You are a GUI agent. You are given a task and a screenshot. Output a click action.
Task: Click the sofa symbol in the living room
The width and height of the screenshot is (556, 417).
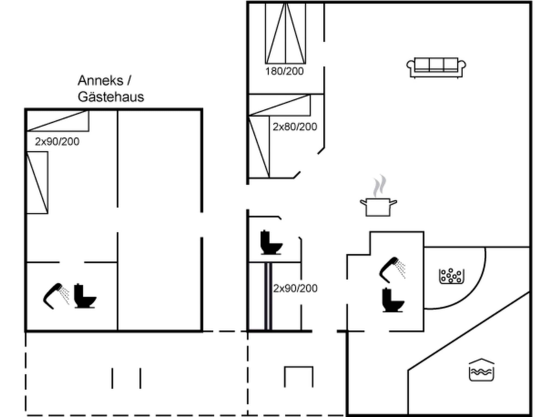tap(436, 67)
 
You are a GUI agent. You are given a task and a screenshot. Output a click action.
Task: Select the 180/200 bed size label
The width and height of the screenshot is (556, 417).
tap(284, 71)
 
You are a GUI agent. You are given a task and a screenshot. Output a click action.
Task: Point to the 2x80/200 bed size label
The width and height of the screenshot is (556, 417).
tap(295, 127)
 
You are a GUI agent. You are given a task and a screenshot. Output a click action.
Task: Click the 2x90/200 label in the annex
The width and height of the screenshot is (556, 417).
tap(57, 141)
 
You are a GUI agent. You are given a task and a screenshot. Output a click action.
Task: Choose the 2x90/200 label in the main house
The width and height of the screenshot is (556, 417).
tap(295, 288)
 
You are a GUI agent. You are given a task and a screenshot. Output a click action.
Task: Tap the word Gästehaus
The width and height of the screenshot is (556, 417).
tap(111, 97)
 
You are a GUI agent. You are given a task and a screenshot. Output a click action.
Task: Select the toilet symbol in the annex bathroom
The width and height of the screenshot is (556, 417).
tap(84, 296)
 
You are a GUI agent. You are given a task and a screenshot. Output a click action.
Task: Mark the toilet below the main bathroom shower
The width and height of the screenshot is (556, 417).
tap(393, 300)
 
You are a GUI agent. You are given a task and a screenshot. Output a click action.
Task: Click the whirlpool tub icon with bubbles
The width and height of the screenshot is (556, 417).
tap(451, 276)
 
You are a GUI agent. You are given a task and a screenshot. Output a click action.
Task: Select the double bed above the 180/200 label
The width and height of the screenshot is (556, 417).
tap(285, 33)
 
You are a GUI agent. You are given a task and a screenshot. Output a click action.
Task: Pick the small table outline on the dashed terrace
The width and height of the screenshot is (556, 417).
tap(299, 376)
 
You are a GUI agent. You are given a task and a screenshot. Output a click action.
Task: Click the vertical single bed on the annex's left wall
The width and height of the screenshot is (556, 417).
tap(37, 182)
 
